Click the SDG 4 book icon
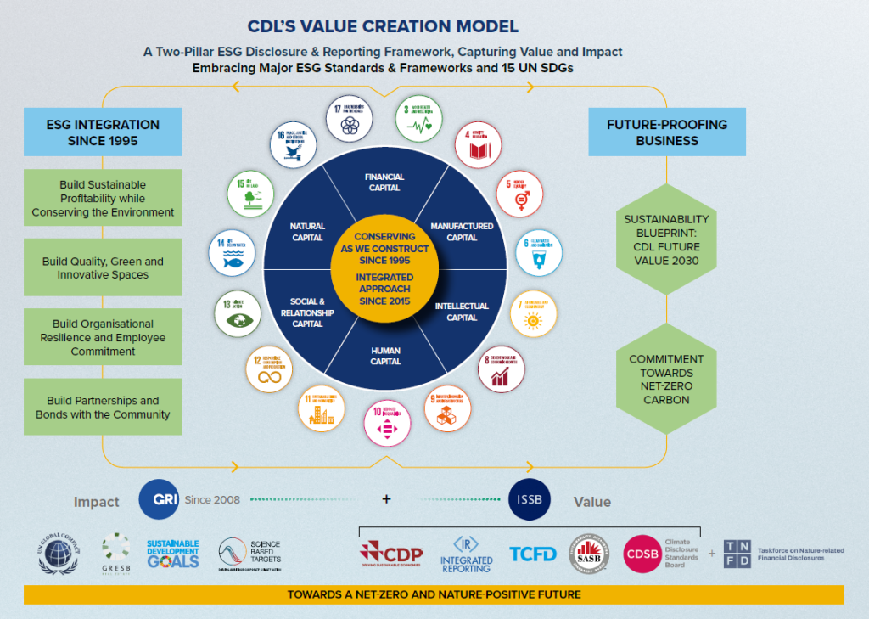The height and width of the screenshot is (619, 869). tap(478, 145)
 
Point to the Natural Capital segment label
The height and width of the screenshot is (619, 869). tap(307, 232)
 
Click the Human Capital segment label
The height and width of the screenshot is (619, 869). tap(385, 356)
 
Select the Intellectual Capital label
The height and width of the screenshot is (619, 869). tap(462, 312)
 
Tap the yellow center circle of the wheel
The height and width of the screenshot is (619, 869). tap(384, 268)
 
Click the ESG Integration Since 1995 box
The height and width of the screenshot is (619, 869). tap(103, 132)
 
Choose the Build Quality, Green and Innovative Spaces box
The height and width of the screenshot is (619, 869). tap(103, 268)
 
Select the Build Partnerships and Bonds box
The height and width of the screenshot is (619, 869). tap(103, 408)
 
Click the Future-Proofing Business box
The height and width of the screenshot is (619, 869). tap(667, 132)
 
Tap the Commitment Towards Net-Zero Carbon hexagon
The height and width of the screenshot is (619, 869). tap(667, 380)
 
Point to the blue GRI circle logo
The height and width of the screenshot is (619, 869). tap(159, 499)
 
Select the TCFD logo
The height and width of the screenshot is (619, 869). tap(533, 554)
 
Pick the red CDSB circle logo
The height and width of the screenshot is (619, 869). tap(643, 554)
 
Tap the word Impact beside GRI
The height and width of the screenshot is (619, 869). tap(96, 502)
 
